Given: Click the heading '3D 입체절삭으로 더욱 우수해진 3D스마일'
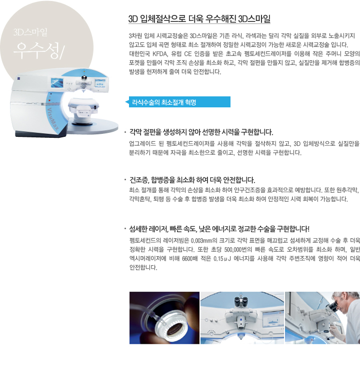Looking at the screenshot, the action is click(x=199, y=19).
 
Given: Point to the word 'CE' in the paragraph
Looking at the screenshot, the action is click(x=188, y=53).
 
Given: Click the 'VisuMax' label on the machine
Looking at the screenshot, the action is click(x=53, y=119).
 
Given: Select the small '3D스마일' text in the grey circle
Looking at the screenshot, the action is click(x=30, y=32).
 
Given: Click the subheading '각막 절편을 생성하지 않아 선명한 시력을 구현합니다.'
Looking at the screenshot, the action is click(x=201, y=132).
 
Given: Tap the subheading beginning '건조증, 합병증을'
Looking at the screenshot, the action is click(x=192, y=180).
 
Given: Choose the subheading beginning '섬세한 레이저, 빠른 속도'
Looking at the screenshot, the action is click(x=219, y=229).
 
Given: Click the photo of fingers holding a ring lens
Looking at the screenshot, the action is click(x=164, y=318).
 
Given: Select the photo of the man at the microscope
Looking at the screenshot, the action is click(x=322, y=318).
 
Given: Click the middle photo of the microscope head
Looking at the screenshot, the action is click(x=242, y=318).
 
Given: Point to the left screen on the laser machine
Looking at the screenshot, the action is click(x=57, y=83).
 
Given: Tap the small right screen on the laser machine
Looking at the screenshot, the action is click(x=100, y=83).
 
